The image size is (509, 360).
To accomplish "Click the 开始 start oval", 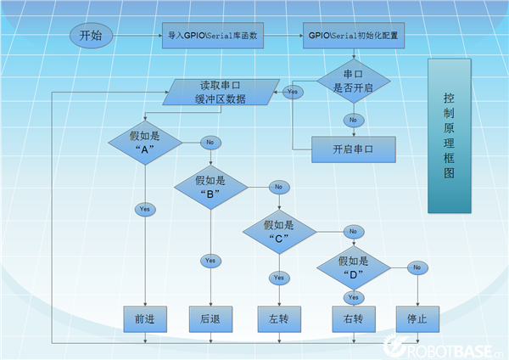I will tap(91, 36).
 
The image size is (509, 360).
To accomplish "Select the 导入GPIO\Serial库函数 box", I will tap(213, 36).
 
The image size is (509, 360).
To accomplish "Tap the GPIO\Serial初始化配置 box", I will tap(352, 36).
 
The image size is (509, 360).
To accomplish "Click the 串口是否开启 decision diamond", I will tap(354, 82).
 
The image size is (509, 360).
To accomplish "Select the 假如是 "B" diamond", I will tap(210, 187).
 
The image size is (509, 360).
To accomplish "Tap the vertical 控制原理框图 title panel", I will tap(449, 136).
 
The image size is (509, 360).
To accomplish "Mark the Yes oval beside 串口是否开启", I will tap(294, 91).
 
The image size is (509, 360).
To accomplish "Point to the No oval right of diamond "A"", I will tap(210, 142).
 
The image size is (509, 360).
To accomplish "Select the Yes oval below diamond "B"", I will tap(210, 260).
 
